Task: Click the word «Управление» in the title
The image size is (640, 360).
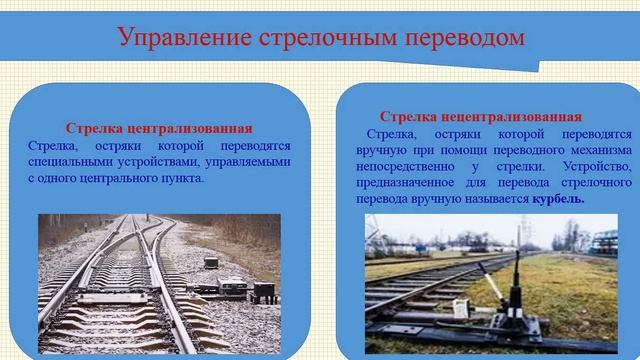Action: (x=179, y=39)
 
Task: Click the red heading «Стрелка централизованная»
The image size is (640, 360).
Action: (x=159, y=129)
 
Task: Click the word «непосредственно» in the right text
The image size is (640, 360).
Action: (x=409, y=166)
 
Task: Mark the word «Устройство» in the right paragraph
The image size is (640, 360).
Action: (x=598, y=166)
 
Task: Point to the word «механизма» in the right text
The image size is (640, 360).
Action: (x=596, y=149)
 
